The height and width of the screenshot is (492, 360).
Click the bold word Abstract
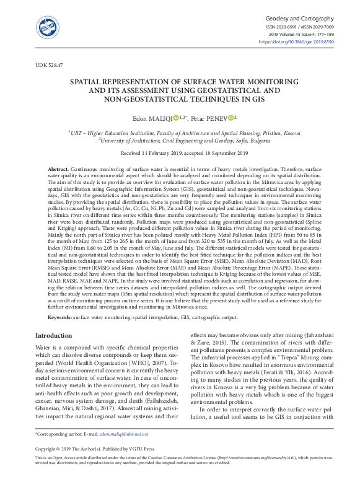click(x=59, y=169)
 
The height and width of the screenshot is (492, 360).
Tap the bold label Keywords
click(x=60, y=317)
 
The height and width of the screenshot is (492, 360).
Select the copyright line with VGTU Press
click(x=95, y=448)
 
